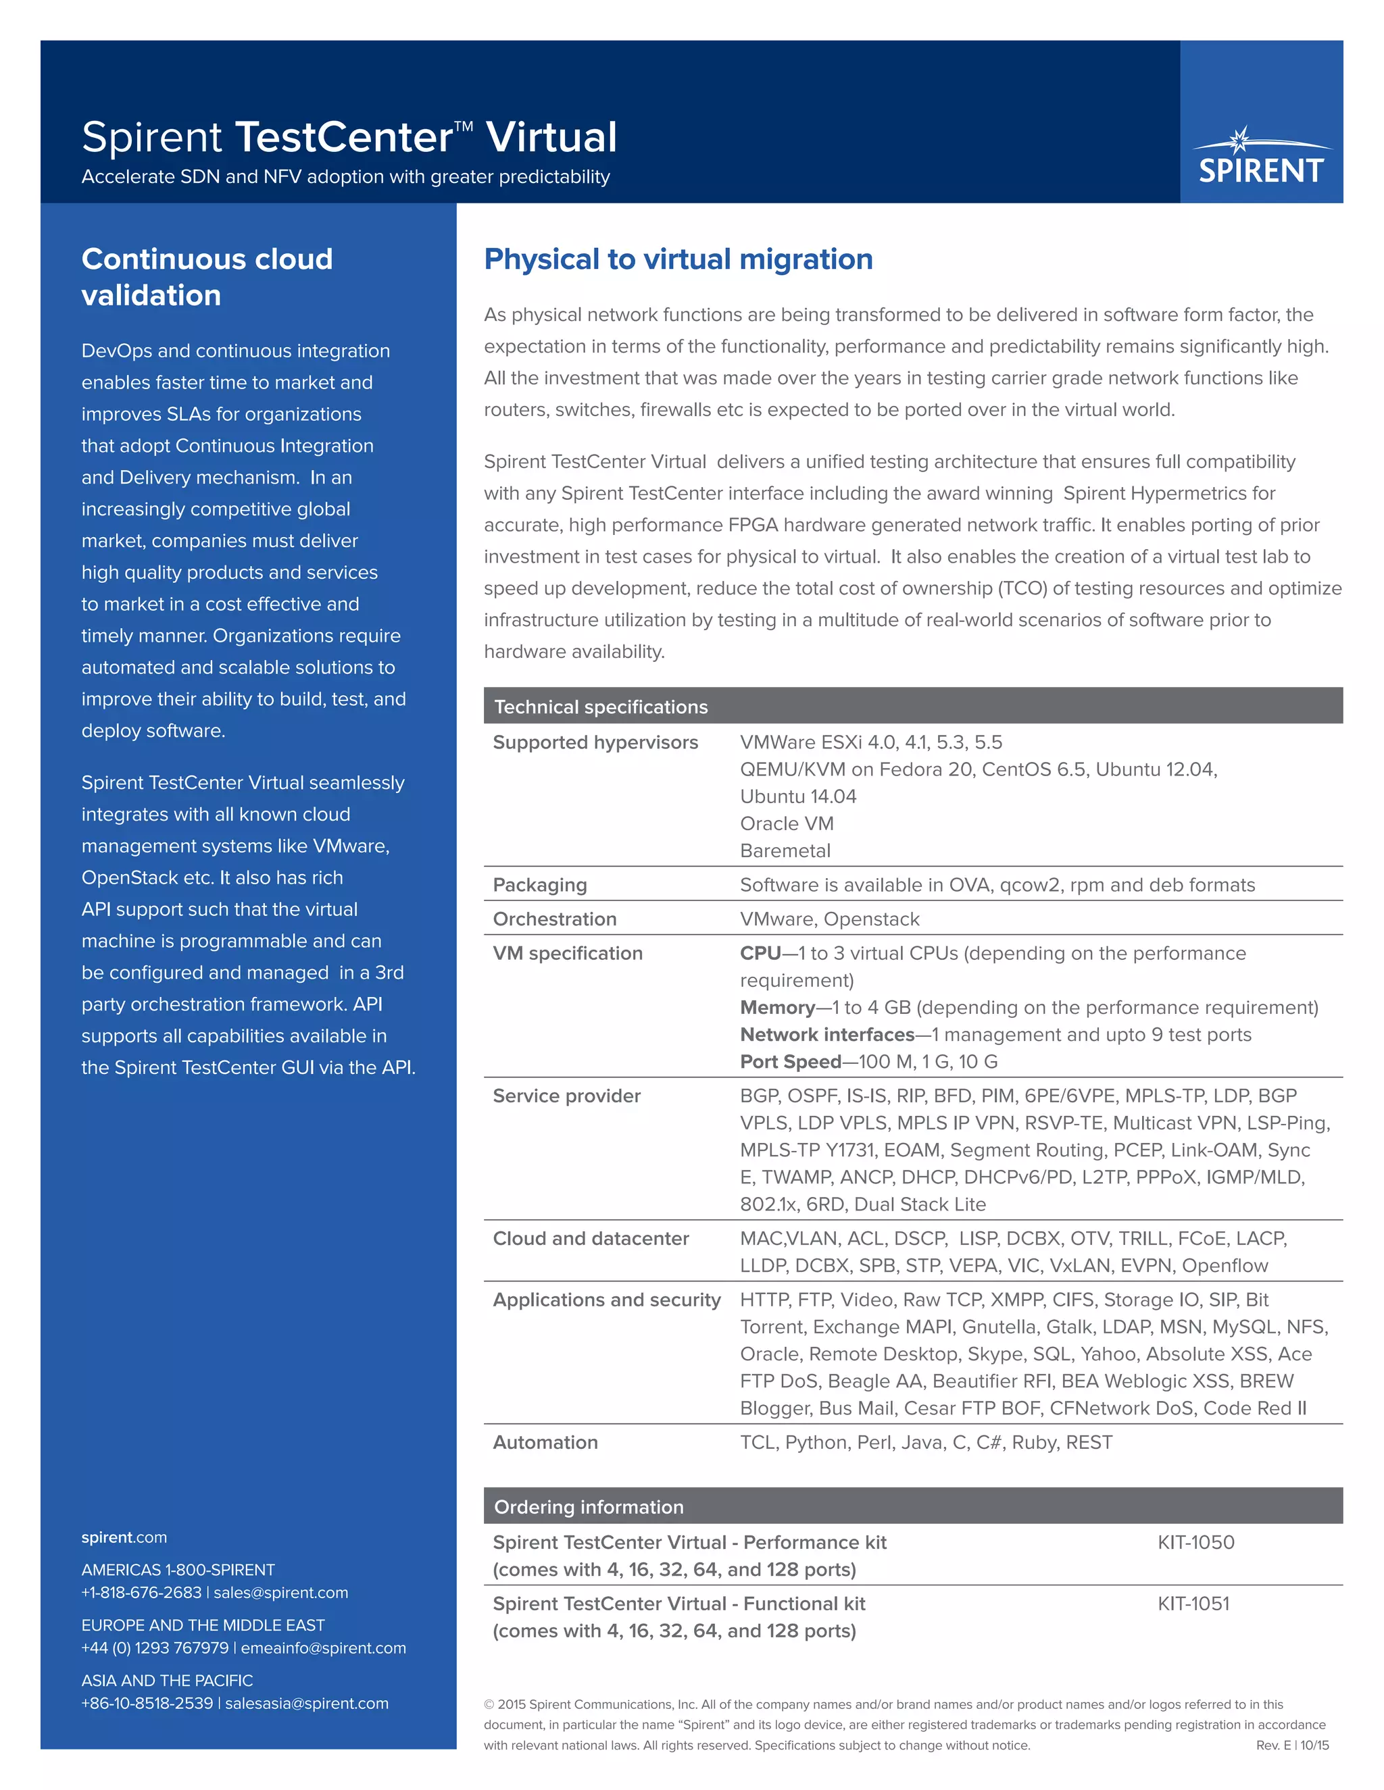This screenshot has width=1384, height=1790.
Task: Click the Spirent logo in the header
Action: click(x=1261, y=157)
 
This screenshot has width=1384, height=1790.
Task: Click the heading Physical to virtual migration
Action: click(x=678, y=259)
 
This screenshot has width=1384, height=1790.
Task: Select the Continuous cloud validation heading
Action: click(x=207, y=277)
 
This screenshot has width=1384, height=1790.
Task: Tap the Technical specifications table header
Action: click(x=601, y=707)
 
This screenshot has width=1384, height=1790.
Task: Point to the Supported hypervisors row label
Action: click(x=595, y=742)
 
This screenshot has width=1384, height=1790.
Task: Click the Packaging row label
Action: click(x=539, y=885)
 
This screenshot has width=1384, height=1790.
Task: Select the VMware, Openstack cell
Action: click(x=829, y=919)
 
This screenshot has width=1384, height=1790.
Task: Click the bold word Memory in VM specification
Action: click(x=776, y=1007)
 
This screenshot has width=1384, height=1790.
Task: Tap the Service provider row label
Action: click(x=566, y=1096)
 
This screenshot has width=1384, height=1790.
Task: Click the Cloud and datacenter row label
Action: click(x=591, y=1238)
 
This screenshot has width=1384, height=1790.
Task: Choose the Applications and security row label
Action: click(x=607, y=1300)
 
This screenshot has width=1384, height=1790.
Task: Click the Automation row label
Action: click(x=545, y=1443)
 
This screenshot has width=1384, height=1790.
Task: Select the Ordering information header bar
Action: click(x=589, y=1506)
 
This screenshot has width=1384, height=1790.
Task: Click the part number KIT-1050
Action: click(x=1195, y=1543)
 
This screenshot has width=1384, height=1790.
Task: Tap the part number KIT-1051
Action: click(x=1193, y=1604)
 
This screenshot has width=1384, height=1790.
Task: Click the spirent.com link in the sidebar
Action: click(x=124, y=1537)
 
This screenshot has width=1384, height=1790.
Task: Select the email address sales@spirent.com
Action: click(x=280, y=1593)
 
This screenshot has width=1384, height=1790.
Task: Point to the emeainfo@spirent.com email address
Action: click(x=323, y=1648)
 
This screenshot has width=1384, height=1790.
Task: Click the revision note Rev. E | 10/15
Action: click(x=1292, y=1745)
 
